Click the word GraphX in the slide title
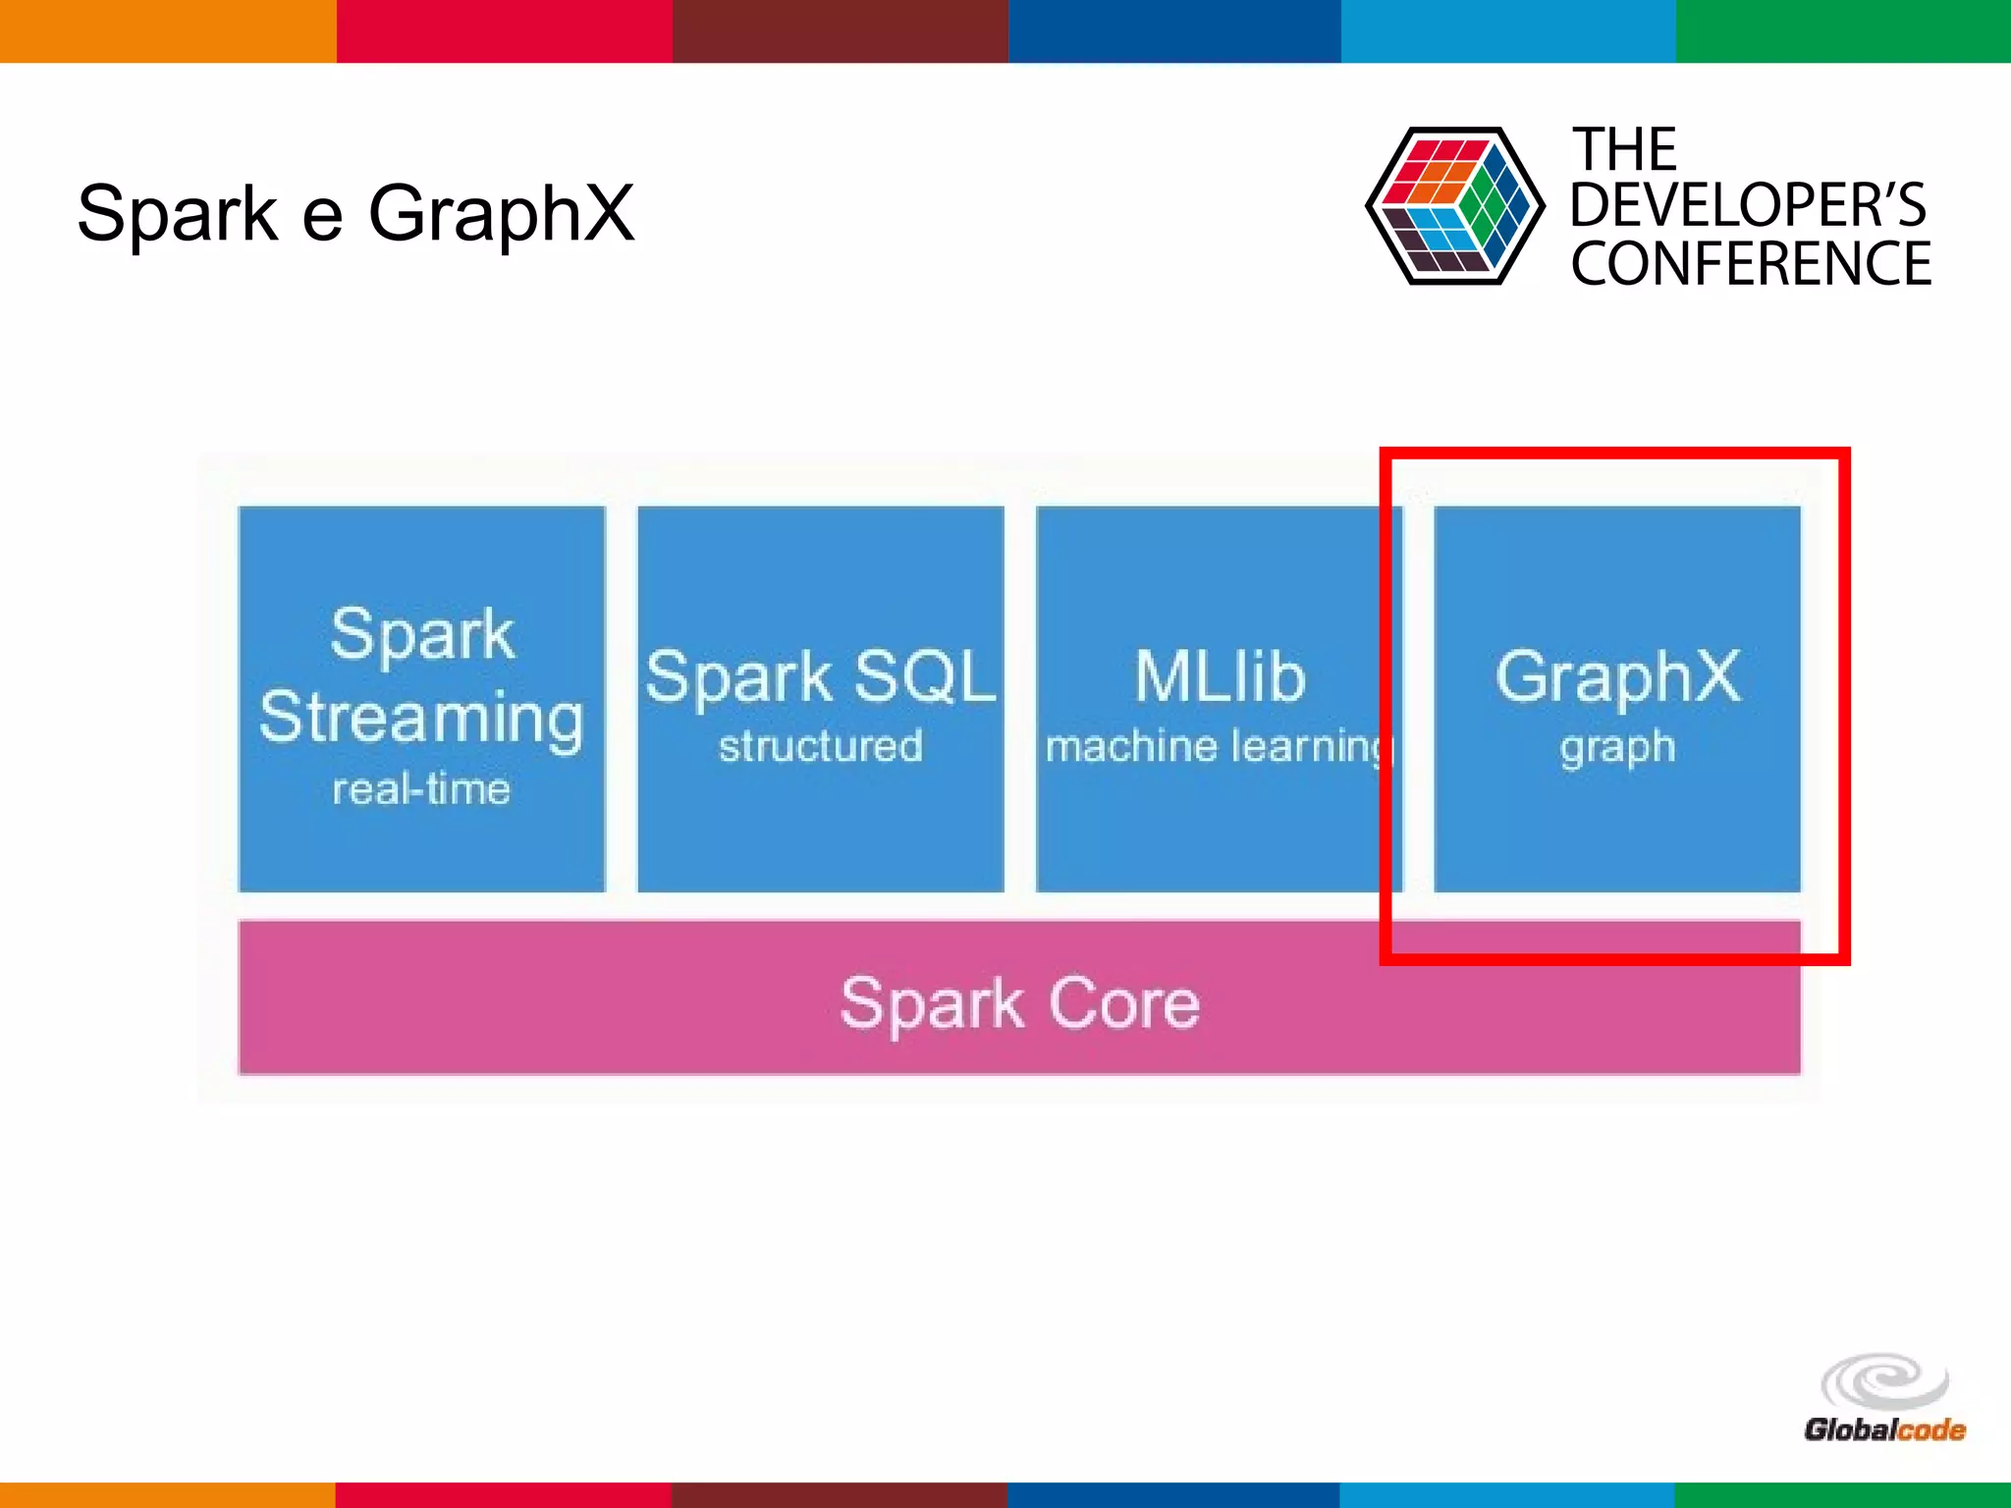click(501, 213)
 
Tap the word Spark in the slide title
click(178, 213)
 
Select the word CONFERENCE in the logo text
click(1751, 264)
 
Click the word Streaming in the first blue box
click(421, 718)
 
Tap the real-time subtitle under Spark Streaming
click(421, 789)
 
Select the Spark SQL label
click(821, 676)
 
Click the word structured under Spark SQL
click(821, 746)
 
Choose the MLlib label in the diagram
click(1220, 676)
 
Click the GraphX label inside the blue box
click(1617, 676)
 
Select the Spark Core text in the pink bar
click(1019, 1003)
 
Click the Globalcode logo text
click(1884, 1429)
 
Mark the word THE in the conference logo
click(1625, 150)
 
